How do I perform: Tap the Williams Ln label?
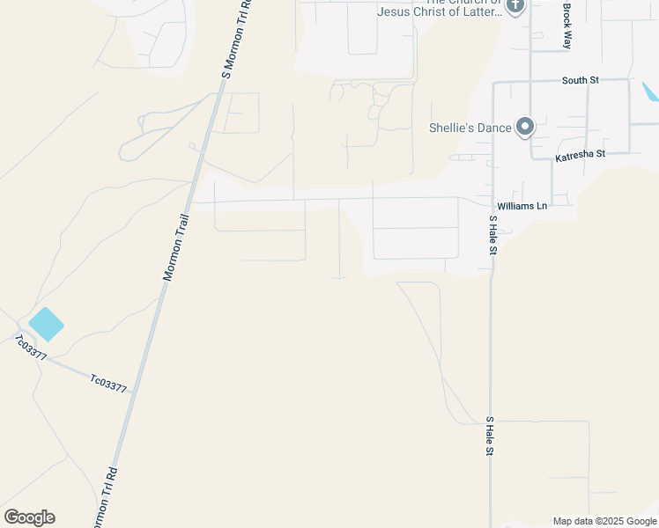pyautogui.click(x=522, y=206)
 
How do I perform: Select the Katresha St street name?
pyautogui.click(x=580, y=156)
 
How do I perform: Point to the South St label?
pyautogui.click(x=581, y=80)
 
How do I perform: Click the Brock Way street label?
pyautogui.click(x=568, y=26)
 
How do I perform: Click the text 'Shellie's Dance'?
pyautogui.click(x=470, y=128)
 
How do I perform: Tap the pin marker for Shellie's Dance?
pyautogui.click(x=525, y=127)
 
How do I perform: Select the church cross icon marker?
pyautogui.click(x=515, y=5)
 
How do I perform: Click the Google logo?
pyautogui.click(x=29, y=517)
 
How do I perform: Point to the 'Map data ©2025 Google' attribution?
pyautogui.click(x=604, y=521)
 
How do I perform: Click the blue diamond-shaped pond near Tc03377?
pyautogui.click(x=46, y=324)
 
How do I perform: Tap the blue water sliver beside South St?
pyautogui.click(x=650, y=92)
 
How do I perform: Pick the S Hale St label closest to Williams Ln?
pyautogui.click(x=493, y=235)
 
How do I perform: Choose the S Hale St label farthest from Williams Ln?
pyautogui.click(x=490, y=436)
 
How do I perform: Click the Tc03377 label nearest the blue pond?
pyautogui.click(x=30, y=348)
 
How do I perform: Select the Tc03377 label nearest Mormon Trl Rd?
pyautogui.click(x=109, y=383)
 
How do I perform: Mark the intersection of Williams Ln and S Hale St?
pyautogui.click(x=492, y=200)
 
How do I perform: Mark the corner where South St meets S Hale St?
pyautogui.click(x=493, y=84)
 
